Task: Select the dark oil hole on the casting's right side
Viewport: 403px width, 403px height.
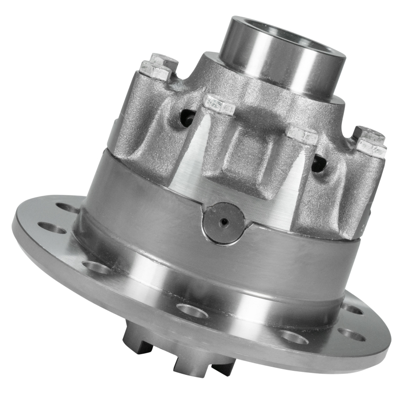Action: (318, 163)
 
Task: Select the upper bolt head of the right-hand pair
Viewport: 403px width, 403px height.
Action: (369, 135)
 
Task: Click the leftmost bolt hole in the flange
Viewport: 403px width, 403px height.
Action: (52, 228)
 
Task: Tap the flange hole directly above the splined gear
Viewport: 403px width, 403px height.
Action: (192, 310)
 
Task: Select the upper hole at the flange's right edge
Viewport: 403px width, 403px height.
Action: (353, 308)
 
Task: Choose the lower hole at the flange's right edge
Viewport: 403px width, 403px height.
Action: (351, 334)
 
